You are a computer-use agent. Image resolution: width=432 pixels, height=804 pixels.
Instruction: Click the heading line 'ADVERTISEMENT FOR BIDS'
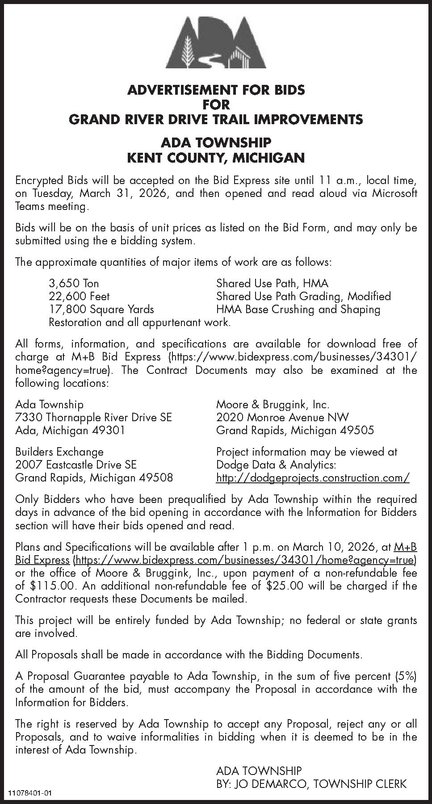[x=216, y=90]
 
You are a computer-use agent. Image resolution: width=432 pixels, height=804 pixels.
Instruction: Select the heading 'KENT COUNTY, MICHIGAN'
[x=216, y=158]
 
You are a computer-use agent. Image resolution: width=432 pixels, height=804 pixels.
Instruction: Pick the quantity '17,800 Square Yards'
[x=101, y=309]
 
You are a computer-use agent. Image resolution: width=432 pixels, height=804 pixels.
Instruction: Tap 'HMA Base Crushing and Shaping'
[x=298, y=309]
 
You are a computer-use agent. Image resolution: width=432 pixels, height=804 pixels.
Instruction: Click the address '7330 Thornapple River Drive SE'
[x=93, y=417]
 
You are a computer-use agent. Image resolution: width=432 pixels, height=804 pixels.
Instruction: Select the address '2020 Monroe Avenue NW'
[x=282, y=417]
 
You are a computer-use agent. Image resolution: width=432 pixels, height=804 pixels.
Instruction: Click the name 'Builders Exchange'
[x=59, y=452]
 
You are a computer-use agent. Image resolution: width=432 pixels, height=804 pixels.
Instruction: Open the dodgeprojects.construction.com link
[x=313, y=478]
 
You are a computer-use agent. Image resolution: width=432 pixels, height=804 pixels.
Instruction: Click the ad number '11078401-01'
[x=30, y=793]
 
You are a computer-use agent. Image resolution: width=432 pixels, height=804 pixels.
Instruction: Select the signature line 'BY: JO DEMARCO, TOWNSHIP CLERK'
[x=311, y=783]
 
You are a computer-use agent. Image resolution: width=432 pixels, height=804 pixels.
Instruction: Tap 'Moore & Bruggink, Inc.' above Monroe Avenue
[x=273, y=404]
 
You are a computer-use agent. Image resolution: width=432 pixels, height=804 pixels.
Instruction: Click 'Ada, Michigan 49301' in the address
[x=70, y=430]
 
